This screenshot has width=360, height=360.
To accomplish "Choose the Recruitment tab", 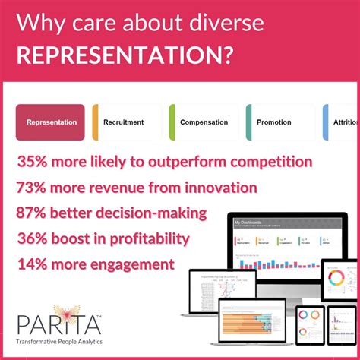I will pyautogui.click(x=125, y=122).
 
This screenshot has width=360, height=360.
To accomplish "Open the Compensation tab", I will pyautogui.click(x=204, y=122).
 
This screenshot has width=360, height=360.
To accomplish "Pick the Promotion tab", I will pyautogui.click(x=276, y=122).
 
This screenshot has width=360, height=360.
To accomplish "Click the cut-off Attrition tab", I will pyautogui.click(x=346, y=122).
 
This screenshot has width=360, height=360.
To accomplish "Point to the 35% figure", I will pyautogui.click(x=36, y=162).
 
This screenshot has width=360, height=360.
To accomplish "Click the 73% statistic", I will pyautogui.click(x=36, y=188).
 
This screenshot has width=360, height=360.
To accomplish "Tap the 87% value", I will pyautogui.click(x=36, y=213).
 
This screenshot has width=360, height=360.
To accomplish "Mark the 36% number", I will pyautogui.click(x=36, y=238).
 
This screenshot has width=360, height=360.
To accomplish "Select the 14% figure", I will pyautogui.click(x=36, y=264).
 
